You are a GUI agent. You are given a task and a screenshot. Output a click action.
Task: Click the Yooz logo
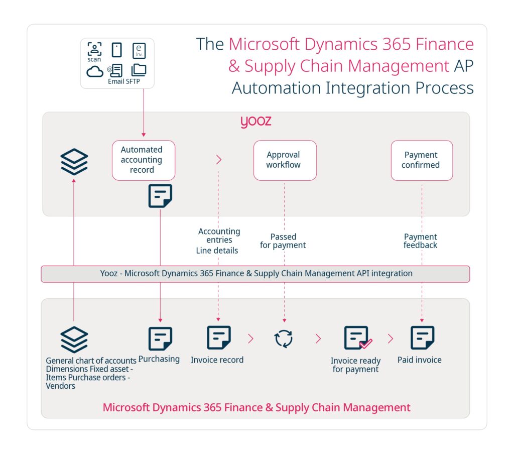[255, 122]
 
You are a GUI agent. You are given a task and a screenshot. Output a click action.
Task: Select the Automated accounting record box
[143, 160]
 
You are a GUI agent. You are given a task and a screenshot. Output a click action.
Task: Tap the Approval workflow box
[285, 160]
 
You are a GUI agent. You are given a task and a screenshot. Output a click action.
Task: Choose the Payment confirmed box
[421, 160]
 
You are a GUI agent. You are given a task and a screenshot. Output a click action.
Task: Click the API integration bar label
[256, 274]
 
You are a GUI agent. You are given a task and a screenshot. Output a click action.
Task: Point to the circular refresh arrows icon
[284, 338]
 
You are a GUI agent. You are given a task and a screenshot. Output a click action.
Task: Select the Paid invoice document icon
[422, 338]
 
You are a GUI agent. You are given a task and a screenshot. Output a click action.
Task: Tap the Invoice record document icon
[218, 338]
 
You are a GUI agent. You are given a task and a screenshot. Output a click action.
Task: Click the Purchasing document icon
[160, 338]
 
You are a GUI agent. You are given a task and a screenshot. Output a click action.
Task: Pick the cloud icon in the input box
[94, 71]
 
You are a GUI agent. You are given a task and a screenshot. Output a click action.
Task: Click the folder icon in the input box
[139, 70]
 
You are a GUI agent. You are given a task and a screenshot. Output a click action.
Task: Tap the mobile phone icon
[116, 50]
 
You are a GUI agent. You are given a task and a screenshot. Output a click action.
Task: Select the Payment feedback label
[421, 241]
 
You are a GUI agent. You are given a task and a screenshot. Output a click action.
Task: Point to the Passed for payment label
[283, 241]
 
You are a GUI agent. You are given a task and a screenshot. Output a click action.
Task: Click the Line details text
[217, 251]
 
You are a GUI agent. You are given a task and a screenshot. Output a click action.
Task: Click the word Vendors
[60, 386]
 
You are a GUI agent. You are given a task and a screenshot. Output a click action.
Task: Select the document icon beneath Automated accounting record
[160, 196]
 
